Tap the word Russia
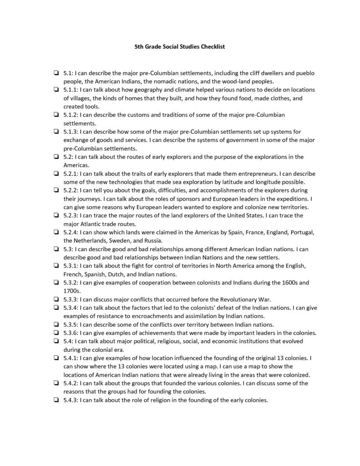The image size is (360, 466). click(152, 240)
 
